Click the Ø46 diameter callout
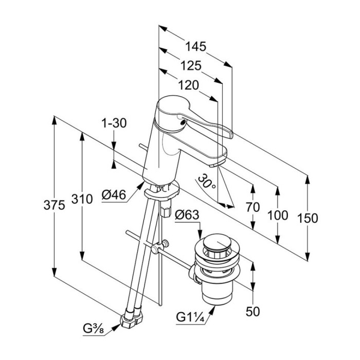114,195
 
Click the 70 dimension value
253,208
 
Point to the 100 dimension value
278,215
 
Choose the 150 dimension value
308,218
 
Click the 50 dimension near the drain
253,311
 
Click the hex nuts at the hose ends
130,320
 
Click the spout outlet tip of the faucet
215,165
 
